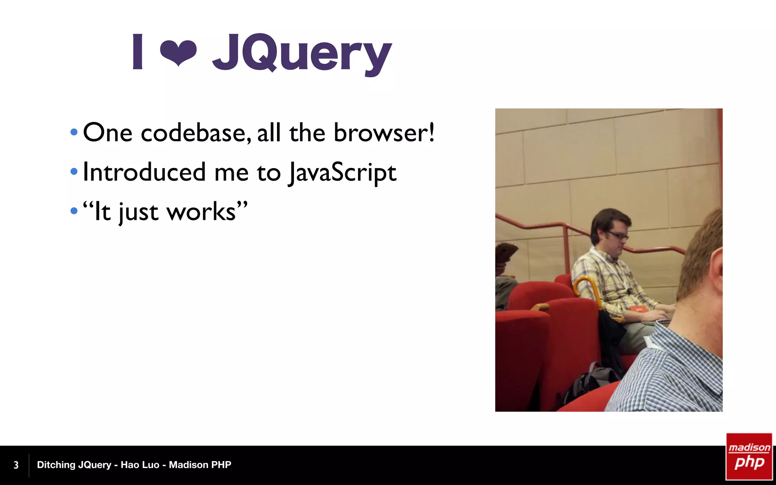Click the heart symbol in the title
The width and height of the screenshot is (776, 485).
coord(178,52)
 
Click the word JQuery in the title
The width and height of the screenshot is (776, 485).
coord(302,53)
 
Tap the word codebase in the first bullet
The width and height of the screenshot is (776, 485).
coord(196,133)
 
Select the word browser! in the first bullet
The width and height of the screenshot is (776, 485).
coord(384,133)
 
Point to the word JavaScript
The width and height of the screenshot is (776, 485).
coord(342,173)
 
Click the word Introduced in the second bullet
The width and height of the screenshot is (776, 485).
coord(144,172)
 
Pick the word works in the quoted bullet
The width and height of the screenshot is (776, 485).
coord(201,212)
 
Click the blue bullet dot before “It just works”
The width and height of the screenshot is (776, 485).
coord(74,211)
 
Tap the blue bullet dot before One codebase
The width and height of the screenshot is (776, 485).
coord(74,132)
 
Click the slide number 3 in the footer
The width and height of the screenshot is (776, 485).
coord(16,465)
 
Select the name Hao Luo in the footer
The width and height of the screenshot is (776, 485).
coord(140,465)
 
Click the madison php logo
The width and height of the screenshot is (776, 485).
coord(749,457)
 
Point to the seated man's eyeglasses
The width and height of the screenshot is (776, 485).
coord(618,235)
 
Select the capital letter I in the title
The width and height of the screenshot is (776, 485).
coord(138,52)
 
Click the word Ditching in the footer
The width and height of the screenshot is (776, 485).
coord(56,465)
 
